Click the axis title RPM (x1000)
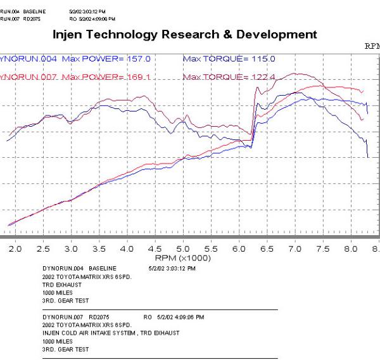(x=182, y=258)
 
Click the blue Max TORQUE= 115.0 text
(x=229, y=58)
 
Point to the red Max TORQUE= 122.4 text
(x=229, y=77)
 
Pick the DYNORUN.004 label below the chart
(x=61, y=269)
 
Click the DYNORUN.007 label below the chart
(x=61, y=315)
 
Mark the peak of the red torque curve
(x=293, y=74)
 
